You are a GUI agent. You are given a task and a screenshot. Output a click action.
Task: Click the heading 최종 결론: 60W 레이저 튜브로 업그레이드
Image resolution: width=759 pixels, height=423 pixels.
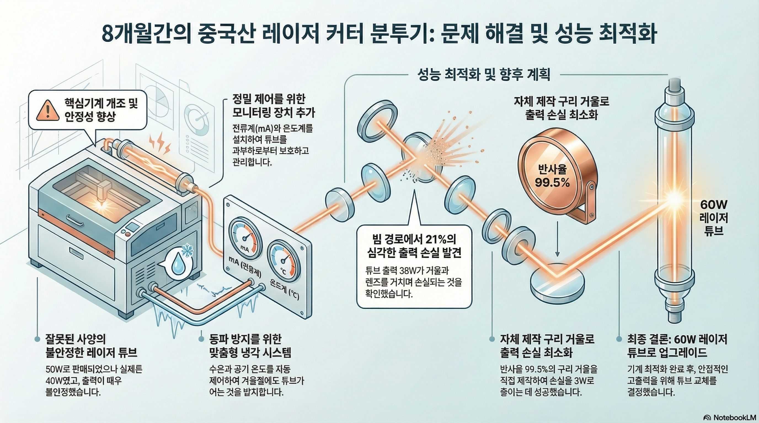tap(677, 346)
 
